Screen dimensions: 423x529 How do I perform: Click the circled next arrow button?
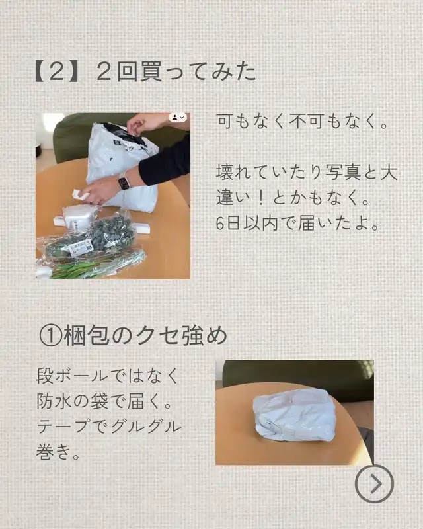click(374, 484)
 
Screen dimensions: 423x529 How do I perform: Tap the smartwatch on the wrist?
click(124, 183)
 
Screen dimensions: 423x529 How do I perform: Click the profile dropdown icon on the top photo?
click(178, 118)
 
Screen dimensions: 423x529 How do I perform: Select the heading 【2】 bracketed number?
click(57, 72)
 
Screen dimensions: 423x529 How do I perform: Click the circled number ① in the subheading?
click(51, 336)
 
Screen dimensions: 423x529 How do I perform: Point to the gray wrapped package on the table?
click(294, 416)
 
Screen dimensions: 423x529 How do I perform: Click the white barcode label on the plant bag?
click(81, 247)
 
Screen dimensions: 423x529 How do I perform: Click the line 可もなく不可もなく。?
click(303, 122)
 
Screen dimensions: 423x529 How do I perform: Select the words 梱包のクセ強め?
click(145, 336)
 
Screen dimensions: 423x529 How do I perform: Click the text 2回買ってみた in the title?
click(176, 72)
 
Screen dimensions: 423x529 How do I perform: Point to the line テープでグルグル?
click(108, 426)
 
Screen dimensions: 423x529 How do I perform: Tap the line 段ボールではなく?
click(107, 376)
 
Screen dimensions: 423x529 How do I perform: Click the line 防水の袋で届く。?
click(104, 401)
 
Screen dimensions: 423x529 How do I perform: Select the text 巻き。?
click(58, 451)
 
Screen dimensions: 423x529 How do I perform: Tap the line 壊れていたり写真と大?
click(307, 173)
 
